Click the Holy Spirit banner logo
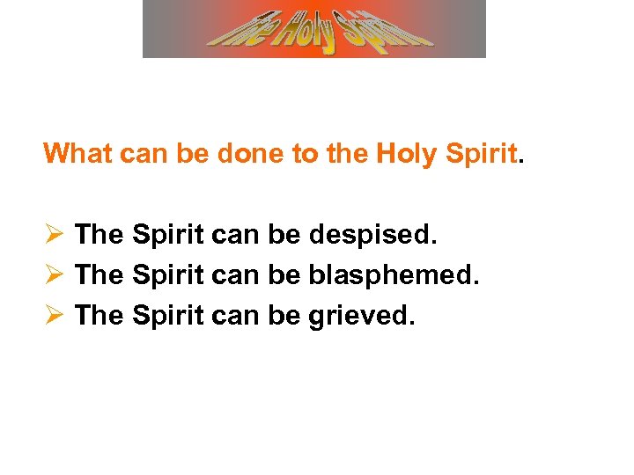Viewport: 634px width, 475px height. [314, 29]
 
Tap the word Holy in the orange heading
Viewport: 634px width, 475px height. [407, 154]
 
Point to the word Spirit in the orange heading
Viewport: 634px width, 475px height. [481, 154]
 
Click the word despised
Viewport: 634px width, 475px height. [373, 235]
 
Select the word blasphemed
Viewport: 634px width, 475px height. [394, 275]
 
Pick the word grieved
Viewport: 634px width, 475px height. [360, 315]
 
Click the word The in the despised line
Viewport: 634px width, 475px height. [100, 235]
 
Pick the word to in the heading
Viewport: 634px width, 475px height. [304, 154]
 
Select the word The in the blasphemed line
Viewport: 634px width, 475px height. [100, 275]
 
